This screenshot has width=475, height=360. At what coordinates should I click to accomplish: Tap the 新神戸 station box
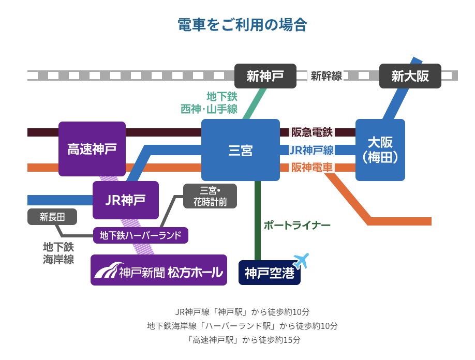265,76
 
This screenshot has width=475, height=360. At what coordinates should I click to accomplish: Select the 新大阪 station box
410,76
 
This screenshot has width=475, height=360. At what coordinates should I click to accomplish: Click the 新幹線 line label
326,76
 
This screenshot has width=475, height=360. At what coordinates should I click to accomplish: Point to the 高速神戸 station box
92,149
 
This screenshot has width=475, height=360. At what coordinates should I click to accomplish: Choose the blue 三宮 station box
240,150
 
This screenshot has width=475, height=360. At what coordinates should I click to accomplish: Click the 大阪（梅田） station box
380,150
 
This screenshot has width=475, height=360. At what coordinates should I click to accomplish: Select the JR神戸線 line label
311,150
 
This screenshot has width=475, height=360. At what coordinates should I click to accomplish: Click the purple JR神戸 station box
125,200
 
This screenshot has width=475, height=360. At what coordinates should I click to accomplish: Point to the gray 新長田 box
52,217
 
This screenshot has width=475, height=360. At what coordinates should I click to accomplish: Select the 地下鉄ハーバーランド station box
140,235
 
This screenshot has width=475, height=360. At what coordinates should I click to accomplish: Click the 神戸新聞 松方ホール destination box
159,270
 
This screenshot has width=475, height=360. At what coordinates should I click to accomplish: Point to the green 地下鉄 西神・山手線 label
209,102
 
